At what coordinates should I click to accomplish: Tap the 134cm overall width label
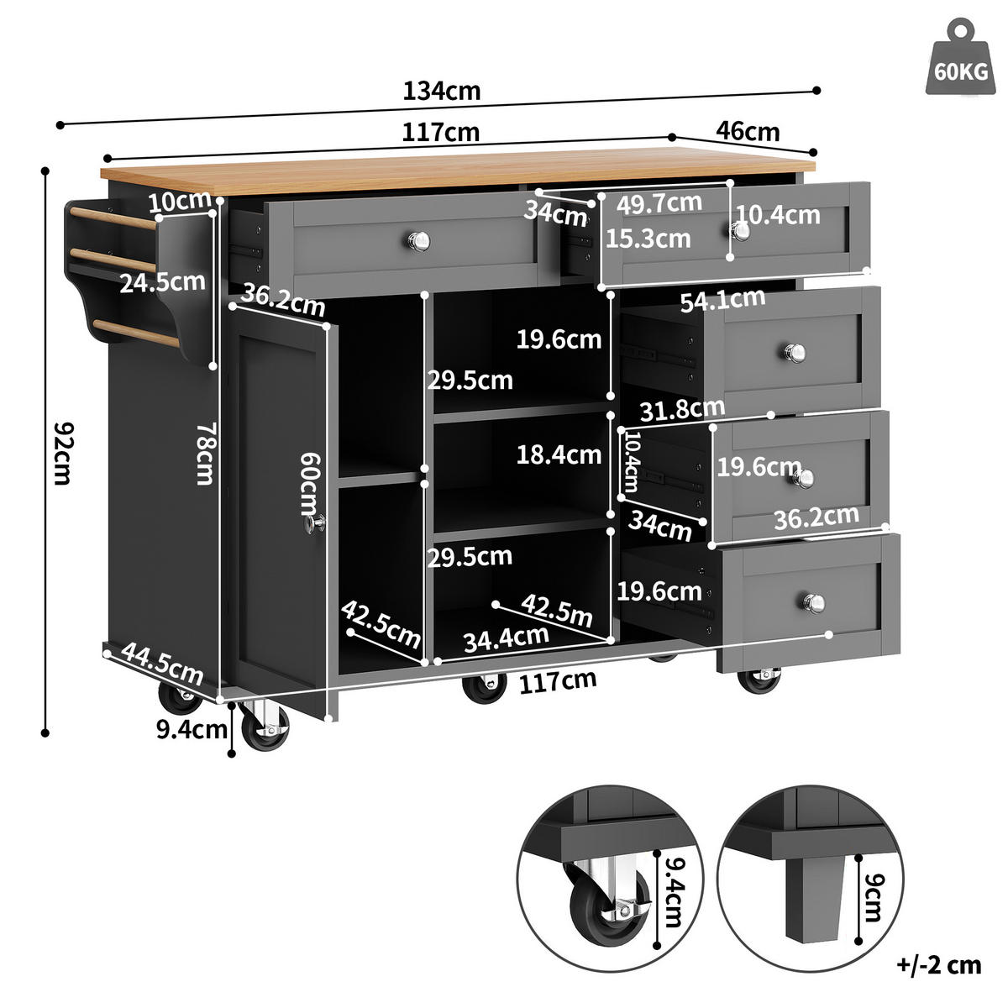point(442,91)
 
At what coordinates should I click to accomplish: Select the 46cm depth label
point(748,132)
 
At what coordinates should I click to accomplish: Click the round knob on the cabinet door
point(317,523)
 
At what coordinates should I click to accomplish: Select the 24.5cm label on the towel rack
point(162,281)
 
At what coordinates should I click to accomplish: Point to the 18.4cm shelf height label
point(559,454)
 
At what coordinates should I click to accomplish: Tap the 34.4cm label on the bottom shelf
point(506,638)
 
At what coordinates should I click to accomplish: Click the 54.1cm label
point(722,300)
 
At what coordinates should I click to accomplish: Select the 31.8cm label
point(682,410)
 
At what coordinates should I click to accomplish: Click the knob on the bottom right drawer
point(813,602)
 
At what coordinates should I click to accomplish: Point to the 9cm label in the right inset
point(874,898)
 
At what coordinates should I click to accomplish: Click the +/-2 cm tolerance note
point(939,964)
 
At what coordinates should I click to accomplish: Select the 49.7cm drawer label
point(659,203)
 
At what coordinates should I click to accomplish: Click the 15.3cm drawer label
point(648,239)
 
